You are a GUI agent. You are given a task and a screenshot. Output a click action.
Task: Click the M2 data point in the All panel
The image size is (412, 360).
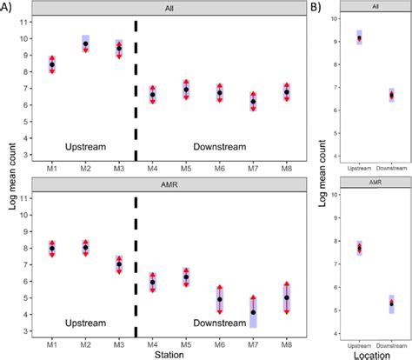[85, 43]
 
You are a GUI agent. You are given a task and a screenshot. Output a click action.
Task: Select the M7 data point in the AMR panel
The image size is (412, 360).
[253, 312]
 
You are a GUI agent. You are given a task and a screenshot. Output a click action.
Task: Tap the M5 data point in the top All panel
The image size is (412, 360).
[186, 90]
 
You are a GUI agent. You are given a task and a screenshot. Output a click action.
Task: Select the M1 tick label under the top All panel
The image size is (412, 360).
[52, 167]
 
